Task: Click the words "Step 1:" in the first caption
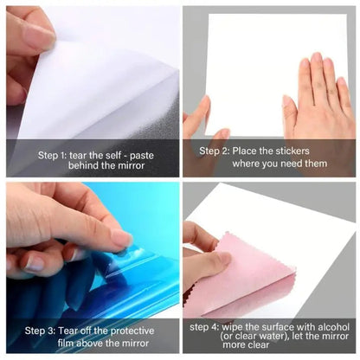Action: coord(52,156)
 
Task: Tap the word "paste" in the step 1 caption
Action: coord(142,156)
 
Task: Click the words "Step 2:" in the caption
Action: coord(215,151)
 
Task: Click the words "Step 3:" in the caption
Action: coord(40,331)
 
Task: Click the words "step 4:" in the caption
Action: coord(204,327)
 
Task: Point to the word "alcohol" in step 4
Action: coord(334,327)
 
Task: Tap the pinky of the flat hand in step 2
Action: coord(344,93)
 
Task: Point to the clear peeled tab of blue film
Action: coord(132,254)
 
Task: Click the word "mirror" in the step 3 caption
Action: coord(135,343)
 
